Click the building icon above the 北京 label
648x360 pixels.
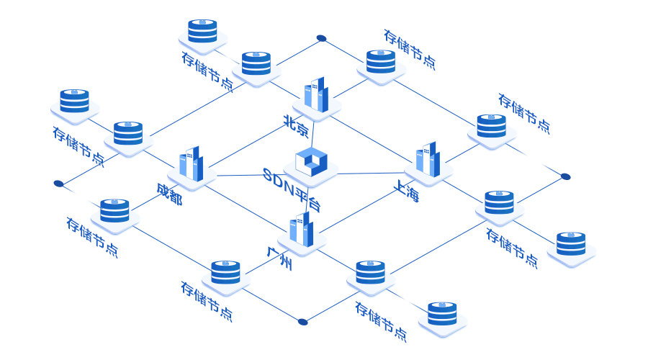[x=316, y=94]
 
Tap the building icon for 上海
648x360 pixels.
[x=428, y=159]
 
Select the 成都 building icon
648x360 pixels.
[x=191, y=164]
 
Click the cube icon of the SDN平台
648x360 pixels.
[x=311, y=162]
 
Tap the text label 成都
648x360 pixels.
[x=169, y=194]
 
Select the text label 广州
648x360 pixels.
[x=279, y=259]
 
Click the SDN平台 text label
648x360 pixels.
[x=292, y=189]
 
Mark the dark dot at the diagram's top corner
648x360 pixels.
[x=321, y=38]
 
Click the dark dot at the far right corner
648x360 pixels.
[x=565, y=176]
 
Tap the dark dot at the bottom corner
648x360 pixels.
[x=302, y=322]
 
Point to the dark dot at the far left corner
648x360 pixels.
[x=58, y=184]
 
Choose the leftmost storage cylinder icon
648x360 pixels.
[x=74, y=101]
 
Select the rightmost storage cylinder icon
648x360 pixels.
[x=571, y=243]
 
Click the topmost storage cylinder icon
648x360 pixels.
[x=202, y=31]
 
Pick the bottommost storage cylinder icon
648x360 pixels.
[x=442, y=313]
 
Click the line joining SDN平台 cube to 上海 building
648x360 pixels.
[x=372, y=173]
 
